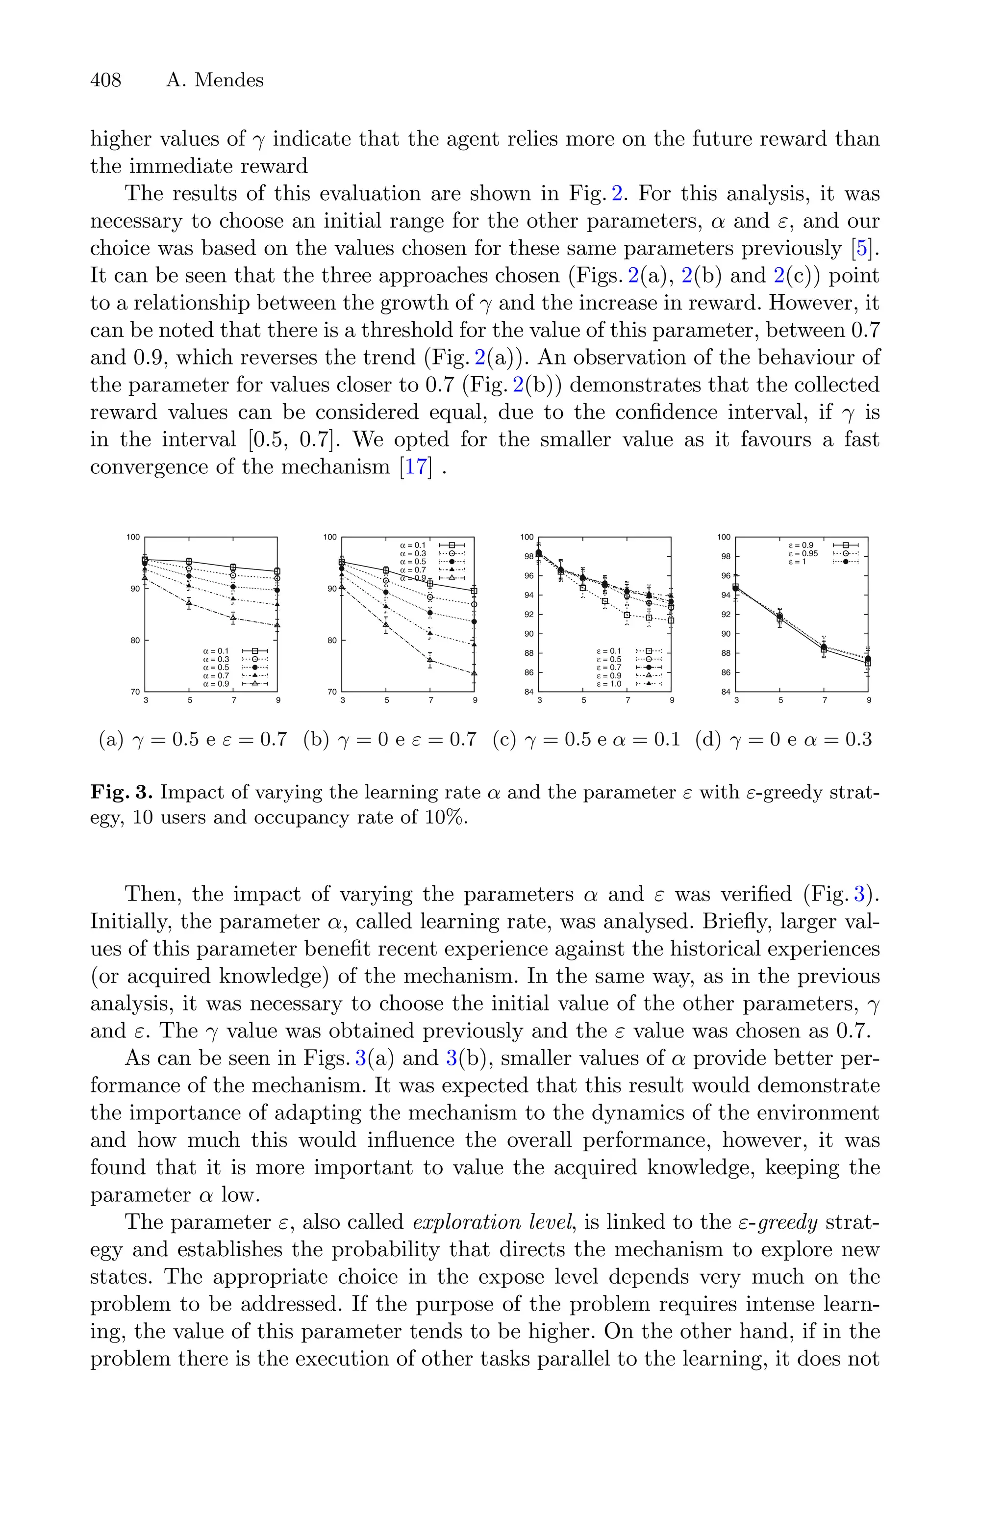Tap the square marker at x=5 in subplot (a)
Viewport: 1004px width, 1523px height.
click(189, 562)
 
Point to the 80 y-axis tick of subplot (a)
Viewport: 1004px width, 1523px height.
click(136, 640)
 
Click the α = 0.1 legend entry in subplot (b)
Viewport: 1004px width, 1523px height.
click(412, 545)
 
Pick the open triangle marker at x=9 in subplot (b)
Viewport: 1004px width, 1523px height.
click(475, 673)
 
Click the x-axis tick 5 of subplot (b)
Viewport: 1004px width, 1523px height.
click(387, 700)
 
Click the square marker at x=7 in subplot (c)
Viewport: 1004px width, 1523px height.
click(627, 616)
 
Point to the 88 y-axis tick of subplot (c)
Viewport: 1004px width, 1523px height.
click(529, 653)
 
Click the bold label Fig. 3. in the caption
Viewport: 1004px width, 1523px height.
click(121, 792)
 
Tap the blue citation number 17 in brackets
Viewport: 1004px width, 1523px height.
click(416, 466)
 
